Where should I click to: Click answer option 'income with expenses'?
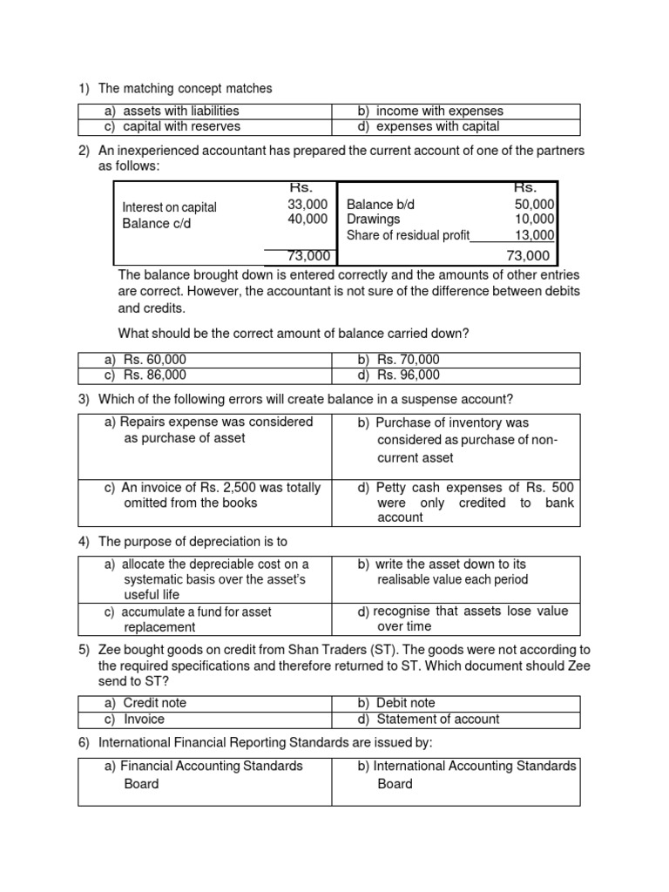(439, 111)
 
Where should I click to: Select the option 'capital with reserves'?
(180, 126)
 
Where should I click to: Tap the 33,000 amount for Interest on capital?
(307, 204)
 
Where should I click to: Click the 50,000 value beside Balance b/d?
(534, 204)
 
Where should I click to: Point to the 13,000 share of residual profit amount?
(534, 234)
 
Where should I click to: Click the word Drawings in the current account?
(374, 220)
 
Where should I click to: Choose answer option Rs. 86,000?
(154, 375)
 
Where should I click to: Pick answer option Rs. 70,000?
(408, 360)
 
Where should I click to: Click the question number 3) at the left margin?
(84, 400)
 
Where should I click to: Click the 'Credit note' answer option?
(154, 703)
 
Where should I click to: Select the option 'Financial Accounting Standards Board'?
(203, 774)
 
